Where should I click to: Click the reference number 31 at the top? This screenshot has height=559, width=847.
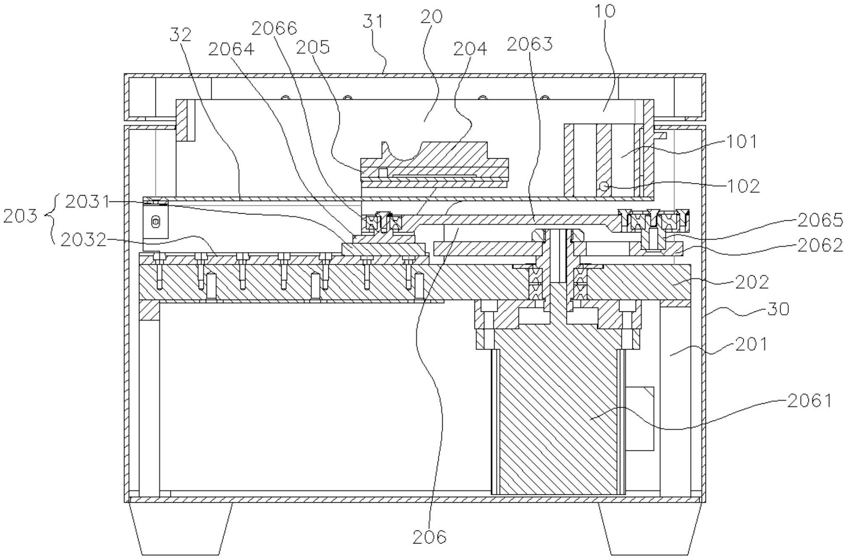point(372,21)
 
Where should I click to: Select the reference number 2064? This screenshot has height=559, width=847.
point(231,49)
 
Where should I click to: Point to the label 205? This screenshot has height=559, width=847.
point(313,47)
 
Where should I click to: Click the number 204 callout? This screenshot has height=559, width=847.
point(470,49)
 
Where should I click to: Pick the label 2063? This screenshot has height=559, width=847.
point(530,43)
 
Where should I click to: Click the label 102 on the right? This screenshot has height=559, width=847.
point(743,186)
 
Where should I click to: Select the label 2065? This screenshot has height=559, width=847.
point(821,219)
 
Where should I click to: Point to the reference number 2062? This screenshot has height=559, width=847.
point(821,245)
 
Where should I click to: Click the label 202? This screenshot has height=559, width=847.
point(752,282)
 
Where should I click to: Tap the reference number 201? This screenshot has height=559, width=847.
point(750,344)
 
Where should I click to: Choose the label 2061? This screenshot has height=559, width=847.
point(809,401)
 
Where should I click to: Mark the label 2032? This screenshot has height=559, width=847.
point(83,240)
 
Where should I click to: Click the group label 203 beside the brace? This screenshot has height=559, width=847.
point(20,216)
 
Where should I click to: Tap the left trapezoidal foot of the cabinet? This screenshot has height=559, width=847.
point(181,528)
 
